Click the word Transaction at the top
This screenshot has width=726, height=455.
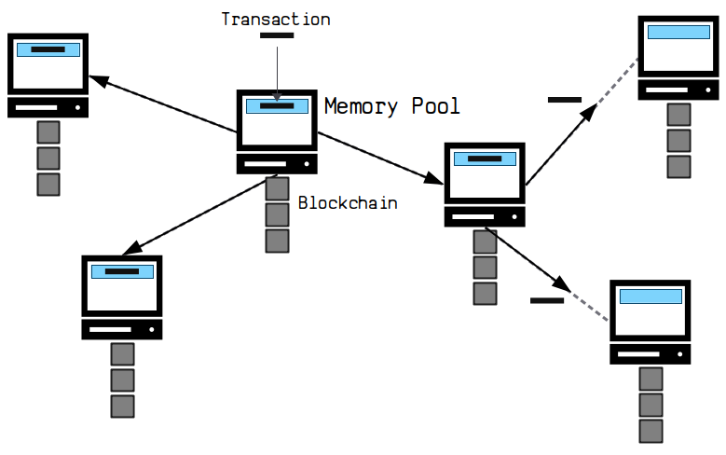tap(276, 20)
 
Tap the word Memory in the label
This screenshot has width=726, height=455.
tap(362, 106)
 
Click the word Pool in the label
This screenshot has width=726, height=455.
tap(435, 105)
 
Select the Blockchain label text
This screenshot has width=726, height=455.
tap(348, 203)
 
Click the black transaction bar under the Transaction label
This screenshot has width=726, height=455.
tap(277, 35)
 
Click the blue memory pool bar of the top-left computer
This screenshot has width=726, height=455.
tap(48, 49)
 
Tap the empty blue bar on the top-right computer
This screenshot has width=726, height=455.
tap(678, 32)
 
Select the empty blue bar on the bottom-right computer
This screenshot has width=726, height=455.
tap(651, 296)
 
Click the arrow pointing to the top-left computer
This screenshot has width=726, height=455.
tap(163, 104)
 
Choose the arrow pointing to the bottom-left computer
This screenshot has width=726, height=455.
tap(200, 214)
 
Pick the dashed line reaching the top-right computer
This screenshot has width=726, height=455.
tap(617, 82)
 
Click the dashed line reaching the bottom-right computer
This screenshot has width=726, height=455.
tap(589, 306)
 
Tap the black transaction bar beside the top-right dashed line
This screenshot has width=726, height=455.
tap(565, 100)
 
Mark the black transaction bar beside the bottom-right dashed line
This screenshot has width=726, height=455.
tap(547, 301)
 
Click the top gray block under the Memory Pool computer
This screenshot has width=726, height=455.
tap(277, 188)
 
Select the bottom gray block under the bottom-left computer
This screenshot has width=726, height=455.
tap(123, 407)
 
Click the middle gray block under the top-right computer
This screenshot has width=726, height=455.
tap(678, 141)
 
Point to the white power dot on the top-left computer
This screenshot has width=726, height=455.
tap(77, 107)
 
